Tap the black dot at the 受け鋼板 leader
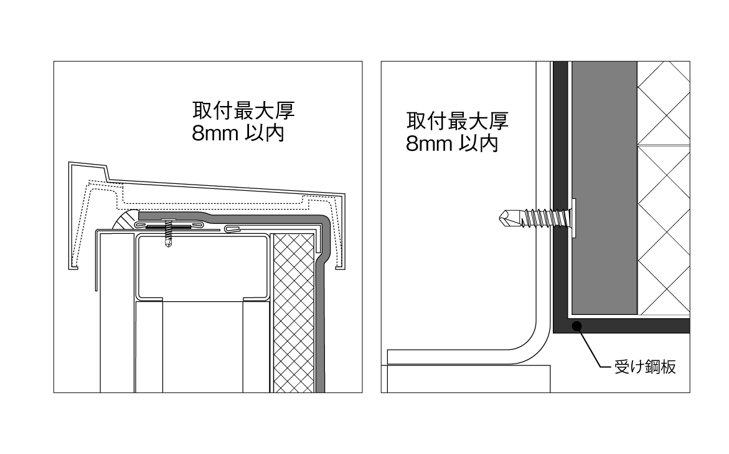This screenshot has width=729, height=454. point(577,325)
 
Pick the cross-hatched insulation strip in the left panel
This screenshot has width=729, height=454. point(292,312)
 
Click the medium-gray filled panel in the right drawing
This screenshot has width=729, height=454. point(603,187)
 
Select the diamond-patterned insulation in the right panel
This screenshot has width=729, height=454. point(663,187)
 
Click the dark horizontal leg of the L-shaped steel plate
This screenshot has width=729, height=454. point(629,326)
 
